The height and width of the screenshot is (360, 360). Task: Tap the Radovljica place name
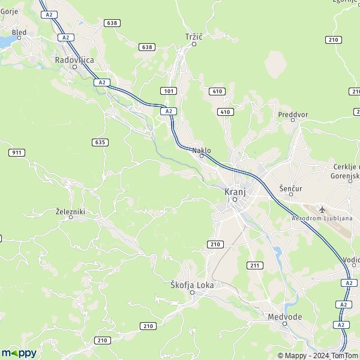tap(75, 59)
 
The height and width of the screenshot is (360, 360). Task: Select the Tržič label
tap(194, 37)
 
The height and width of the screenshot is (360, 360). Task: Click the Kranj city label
tap(235, 192)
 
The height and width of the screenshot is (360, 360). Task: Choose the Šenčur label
tap(290, 188)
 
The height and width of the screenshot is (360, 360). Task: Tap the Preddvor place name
tap(292, 113)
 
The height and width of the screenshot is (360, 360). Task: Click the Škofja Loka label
tap(192, 286)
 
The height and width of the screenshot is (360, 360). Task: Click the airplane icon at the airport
tap(323, 209)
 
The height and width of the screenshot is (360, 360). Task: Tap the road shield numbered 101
tap(168, 91)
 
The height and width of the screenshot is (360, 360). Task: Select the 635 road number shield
tap(100, 142)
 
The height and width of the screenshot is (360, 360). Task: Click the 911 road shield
tap(17, 153)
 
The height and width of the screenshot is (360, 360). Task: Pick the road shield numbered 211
tap(254, 265)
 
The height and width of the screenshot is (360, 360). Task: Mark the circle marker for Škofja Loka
tap(192, 293)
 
